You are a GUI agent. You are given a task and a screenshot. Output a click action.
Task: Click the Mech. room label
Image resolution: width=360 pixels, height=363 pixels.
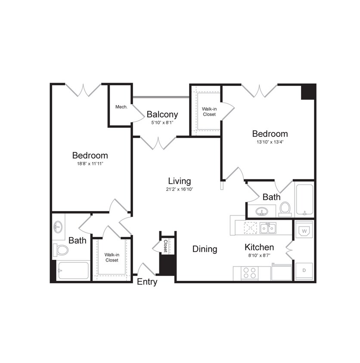(x=121, y=107)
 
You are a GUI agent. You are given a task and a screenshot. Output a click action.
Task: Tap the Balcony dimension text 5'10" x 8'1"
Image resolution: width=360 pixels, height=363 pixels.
(x=162, y=122)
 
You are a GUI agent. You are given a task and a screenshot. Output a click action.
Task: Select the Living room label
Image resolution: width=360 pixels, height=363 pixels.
(x=179, y=181)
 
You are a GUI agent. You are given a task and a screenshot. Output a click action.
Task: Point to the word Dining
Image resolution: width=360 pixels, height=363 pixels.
(x=205, y=249)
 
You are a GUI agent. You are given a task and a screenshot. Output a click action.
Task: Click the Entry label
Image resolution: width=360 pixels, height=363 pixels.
(x=147, y=282)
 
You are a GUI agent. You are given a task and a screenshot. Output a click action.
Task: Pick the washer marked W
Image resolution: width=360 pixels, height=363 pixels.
(x=304, y=231)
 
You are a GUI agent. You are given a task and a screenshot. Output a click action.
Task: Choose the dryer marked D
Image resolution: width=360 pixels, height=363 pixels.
(x=304, y=271)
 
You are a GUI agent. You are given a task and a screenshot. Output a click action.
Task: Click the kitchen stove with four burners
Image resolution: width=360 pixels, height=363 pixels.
(x=250, y=273)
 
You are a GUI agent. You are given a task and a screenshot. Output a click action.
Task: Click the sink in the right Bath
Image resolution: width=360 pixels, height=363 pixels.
(x=261, y=211)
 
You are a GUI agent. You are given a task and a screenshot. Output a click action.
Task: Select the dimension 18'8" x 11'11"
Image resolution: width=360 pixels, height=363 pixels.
(x=90, y=164)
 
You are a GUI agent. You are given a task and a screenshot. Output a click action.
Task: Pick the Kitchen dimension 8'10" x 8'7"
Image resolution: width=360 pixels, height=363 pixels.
(x=259, y=256)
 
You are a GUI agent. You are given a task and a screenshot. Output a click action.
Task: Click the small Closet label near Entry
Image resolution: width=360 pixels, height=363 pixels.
(x=165, y=246)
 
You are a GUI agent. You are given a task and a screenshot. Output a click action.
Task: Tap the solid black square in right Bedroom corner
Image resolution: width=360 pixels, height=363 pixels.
(x=308, y=92)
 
